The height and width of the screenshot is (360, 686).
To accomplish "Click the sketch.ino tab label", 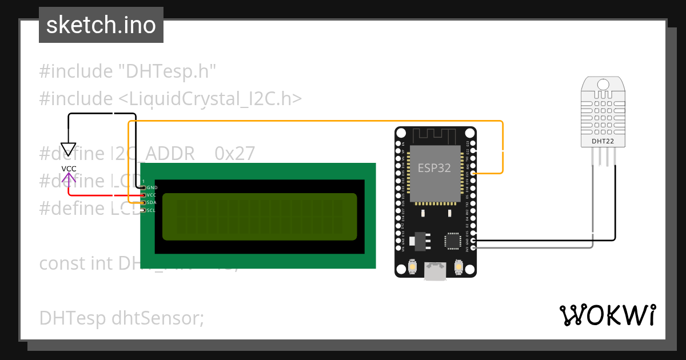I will (101, 25).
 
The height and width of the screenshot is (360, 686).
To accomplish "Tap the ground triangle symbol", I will (69, 150).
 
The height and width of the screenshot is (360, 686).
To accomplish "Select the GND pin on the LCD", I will (143, 187).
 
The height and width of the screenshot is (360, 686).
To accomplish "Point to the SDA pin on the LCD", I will (143, 202).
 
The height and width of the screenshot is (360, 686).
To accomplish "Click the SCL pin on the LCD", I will (143, 210).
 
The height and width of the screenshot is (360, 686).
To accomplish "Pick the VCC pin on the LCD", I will (143, 195).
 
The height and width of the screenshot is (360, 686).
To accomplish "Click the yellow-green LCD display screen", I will (259, 217).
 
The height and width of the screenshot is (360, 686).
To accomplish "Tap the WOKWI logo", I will (607, 315).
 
